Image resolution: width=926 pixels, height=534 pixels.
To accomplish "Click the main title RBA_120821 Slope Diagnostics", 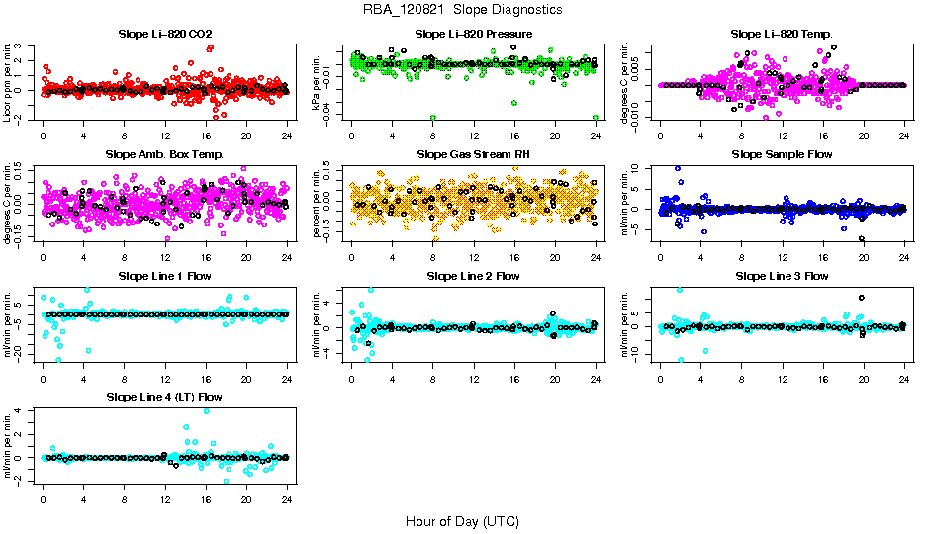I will tap(462, 10).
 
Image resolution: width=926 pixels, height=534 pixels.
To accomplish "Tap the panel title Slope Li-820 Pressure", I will tap(474, 34).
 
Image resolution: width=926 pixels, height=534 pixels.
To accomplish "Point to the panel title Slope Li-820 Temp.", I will tap(782, 34).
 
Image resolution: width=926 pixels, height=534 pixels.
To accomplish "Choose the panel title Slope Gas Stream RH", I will tap(474, 155).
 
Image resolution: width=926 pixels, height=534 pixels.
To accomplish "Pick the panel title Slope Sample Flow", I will tap(782, 155).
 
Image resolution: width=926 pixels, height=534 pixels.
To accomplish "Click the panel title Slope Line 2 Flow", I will tap(474, 276).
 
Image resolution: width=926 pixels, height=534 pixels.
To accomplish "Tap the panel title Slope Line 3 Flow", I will tap(782, 276).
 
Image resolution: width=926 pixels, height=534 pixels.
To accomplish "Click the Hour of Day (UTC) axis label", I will tap(462, 520).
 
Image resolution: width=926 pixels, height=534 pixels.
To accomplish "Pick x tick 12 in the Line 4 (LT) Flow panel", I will tap(165, 499).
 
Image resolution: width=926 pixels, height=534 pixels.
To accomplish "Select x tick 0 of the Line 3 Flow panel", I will tap(660, 378).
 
